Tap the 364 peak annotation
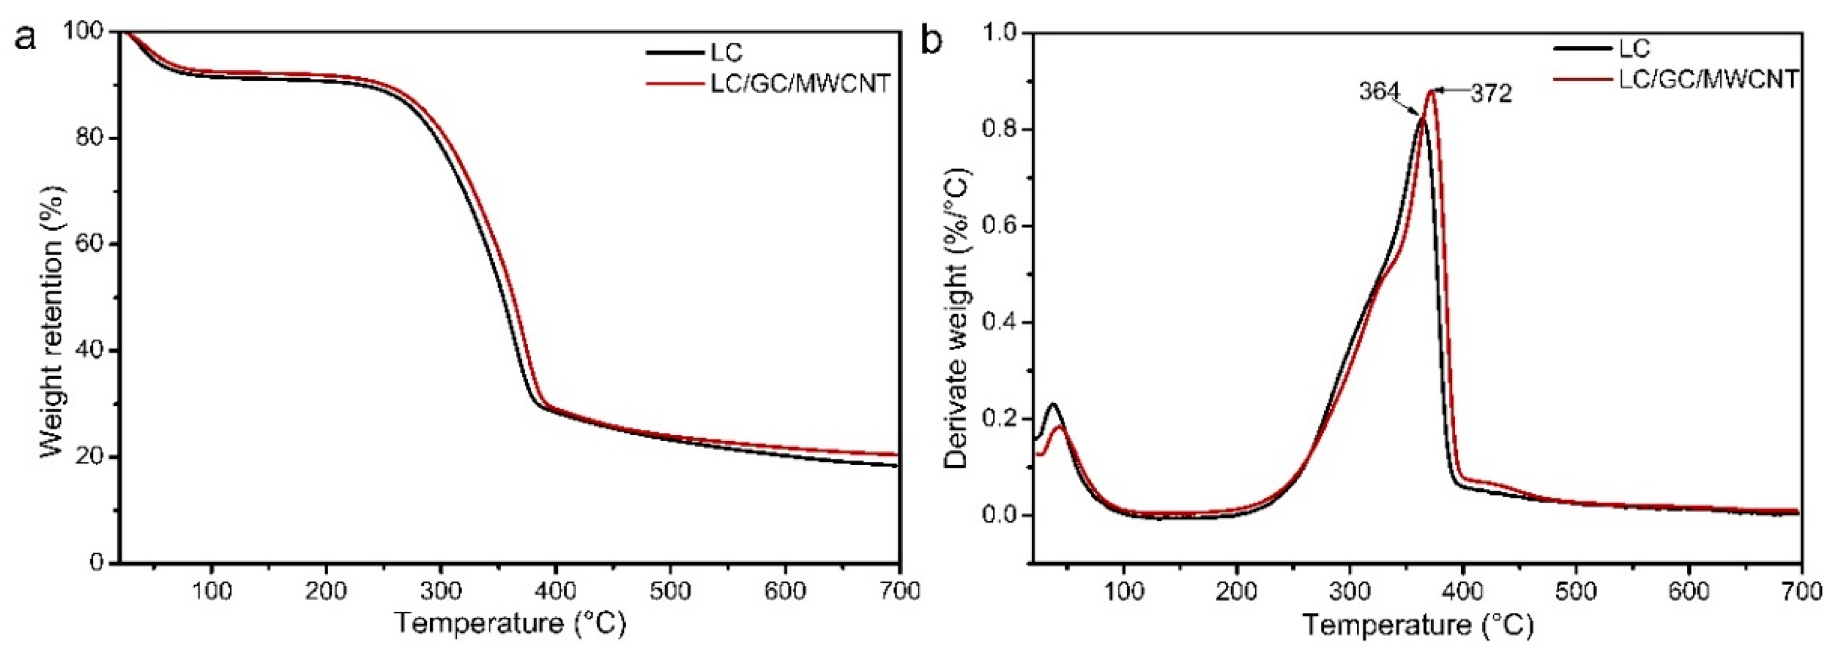point(1379,92)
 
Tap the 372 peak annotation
point(1491,93)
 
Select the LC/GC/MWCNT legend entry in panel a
point(799,84)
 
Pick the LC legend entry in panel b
point(1634,48)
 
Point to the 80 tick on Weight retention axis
point(90,138)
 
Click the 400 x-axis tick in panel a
point(556,591)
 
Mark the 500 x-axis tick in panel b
point(1576,591)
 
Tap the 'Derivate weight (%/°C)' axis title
point(956,319)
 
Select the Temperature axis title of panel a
point(510,623)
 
